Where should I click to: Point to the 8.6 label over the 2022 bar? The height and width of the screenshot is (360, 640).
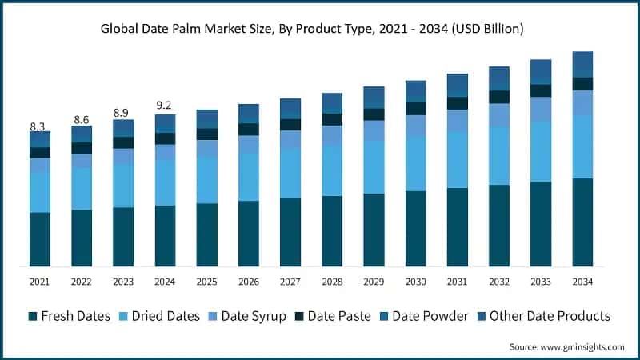coord(81,119)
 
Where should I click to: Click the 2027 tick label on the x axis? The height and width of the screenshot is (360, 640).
coord(290,281)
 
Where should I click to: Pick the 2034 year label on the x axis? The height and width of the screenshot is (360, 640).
coord(582,281)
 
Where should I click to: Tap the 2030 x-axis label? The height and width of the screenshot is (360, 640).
coord(415,281)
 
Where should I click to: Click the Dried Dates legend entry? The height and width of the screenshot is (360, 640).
coord(159,316)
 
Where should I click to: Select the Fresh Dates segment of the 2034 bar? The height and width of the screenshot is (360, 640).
coord(582,222)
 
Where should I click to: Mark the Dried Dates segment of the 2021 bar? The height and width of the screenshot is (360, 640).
coord(40,192)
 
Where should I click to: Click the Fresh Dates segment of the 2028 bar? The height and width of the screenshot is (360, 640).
coord(332,231)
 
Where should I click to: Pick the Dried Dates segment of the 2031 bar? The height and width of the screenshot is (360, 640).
coord(457,159)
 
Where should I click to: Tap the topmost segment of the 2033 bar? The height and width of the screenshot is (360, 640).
coord(541,71)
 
